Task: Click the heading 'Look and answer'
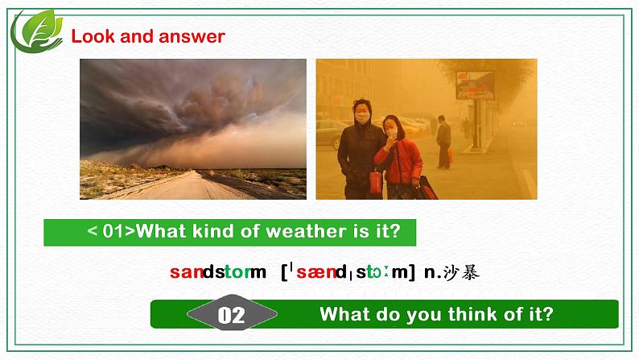148,36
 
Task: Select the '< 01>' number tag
109,232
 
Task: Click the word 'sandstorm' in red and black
217,272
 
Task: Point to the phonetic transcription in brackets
348,272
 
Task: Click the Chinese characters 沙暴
463,272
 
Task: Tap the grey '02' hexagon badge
232,314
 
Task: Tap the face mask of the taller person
362,118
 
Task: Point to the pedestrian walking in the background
443,141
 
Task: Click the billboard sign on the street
475,85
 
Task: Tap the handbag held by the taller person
375,182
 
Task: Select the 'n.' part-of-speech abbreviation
431,272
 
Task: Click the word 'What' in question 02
344,314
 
